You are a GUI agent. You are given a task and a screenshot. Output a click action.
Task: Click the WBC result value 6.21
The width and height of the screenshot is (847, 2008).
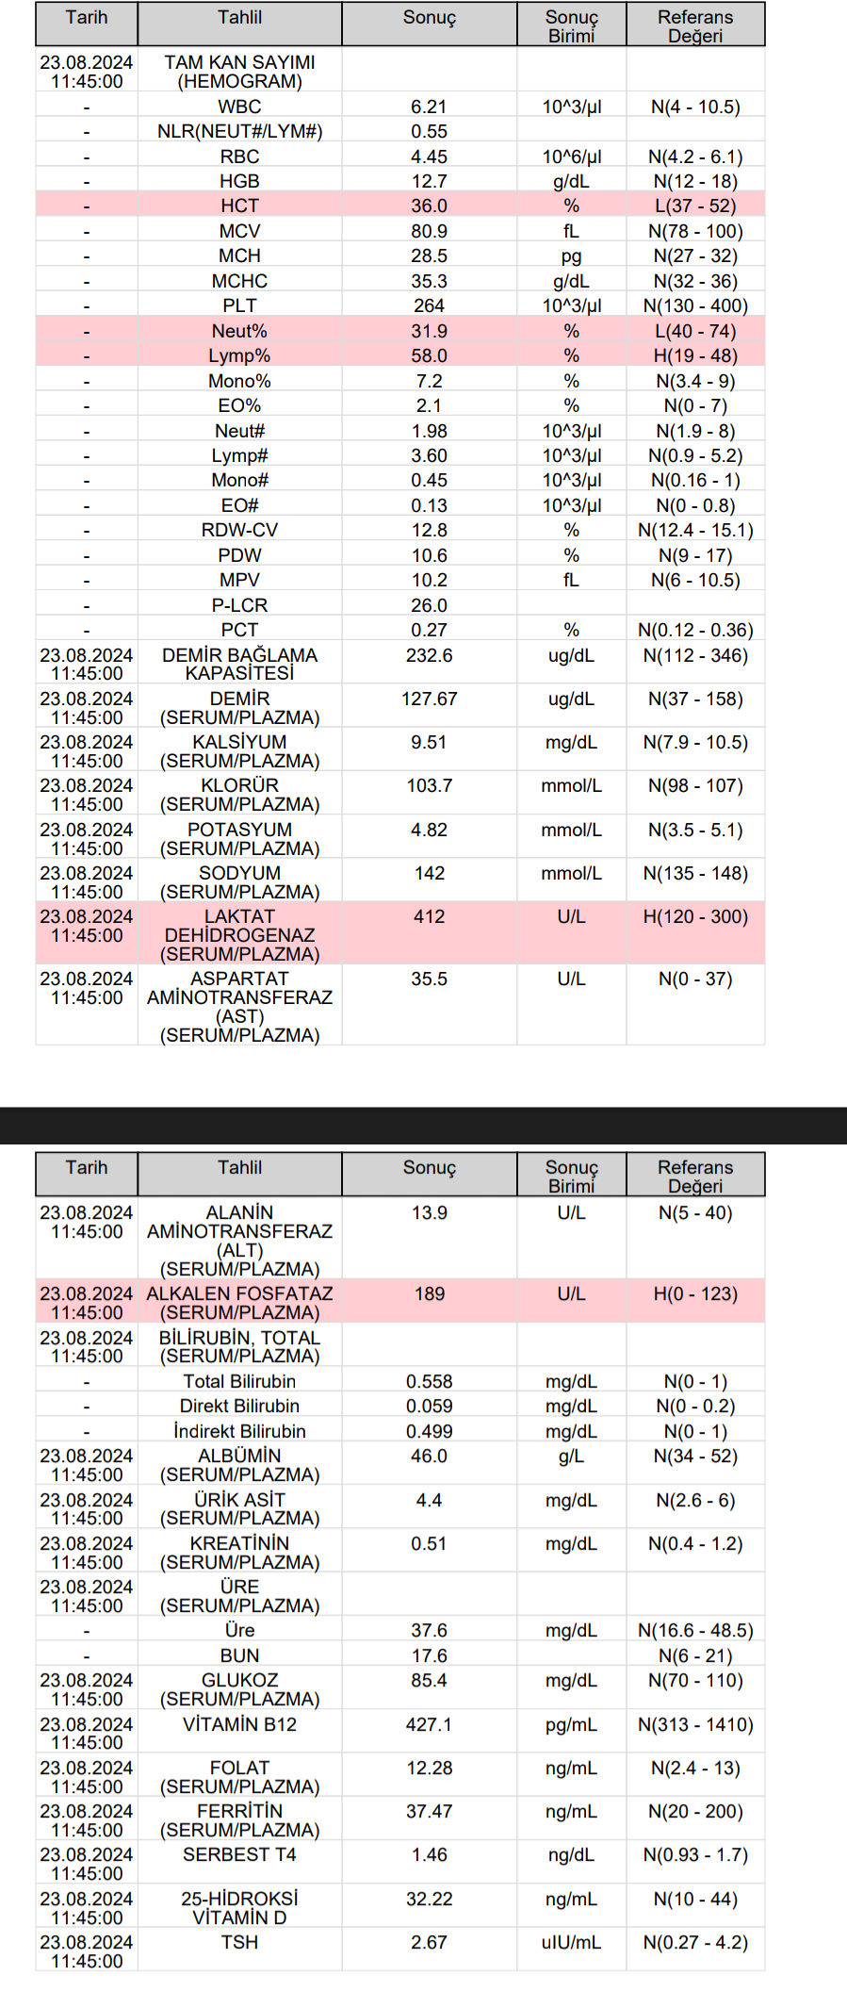pyautogui.click(x=429, y=107)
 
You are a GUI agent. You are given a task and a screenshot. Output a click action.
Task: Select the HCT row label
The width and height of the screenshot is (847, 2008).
pyautogui.click(x=239, y=206)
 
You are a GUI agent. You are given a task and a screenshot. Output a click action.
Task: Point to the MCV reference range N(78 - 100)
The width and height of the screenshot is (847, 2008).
pyautogui.click(x=695, y=231)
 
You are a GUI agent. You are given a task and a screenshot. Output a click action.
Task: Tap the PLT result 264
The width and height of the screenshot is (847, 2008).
pyautogui.click(x=429, y=305)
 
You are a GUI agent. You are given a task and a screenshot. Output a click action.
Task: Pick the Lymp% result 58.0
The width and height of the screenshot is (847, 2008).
pyautogui.click(x=429, y=355)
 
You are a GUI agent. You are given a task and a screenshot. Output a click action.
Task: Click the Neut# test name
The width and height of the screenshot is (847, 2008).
pyautogui.click(x=239, y=431)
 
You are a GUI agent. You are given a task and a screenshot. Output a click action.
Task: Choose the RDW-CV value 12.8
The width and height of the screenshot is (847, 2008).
pyautogui.click(x=429, y=530)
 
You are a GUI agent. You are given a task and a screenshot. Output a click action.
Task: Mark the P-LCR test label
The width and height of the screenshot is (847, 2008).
pyautogui.click(x=239, y=605)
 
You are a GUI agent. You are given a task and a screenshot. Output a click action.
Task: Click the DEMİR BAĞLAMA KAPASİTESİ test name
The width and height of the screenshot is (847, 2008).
pyautogui.click(x=239, y=664)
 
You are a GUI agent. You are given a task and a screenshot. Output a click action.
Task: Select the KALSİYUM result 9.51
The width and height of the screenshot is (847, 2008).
pyautogui.click(x=429, y=742)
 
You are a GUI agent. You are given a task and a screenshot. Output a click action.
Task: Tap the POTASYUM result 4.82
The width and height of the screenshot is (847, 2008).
pyautogui.click(x=429, y=830)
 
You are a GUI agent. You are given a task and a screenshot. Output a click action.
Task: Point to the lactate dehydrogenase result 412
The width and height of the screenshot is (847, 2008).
pyautogui.click(x=429, y=916)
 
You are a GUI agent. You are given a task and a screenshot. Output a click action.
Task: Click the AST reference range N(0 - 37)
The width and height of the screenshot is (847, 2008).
pyautogui.click(x=695, y=979)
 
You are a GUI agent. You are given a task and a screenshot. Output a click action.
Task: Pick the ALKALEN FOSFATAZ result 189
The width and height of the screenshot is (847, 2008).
pyautogui.click(x=429, y=1293)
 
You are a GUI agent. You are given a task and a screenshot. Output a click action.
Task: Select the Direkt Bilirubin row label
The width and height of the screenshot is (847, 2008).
pyautogui.click(x=239, y=1406)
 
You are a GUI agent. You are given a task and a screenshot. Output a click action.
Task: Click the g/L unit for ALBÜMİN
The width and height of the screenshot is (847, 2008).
pyautogui.click(x=571, y=1456)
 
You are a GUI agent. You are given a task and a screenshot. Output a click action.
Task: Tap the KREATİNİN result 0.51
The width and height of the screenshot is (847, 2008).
pyautogui.click(x=429, y=1543)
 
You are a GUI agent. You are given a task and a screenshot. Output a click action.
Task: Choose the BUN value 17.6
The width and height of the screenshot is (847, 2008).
pyautogui.click(x=429, y=1655)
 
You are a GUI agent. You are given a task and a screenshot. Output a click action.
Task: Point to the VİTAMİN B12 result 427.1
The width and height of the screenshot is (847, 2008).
pyautogui.click(x=429, y=1724)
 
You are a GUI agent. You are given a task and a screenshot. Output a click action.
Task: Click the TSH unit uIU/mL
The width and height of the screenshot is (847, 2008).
pyautogui.click(x=571, y=1942)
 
